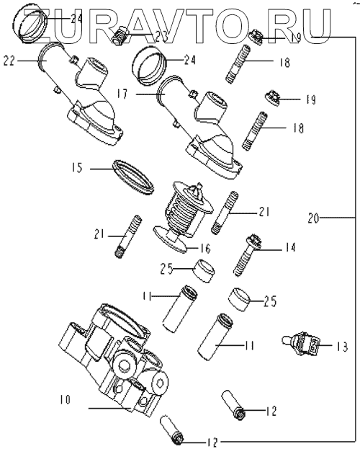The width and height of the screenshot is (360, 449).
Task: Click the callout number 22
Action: (x=9, y=61)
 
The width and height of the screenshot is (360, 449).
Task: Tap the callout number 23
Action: (x=161, y=36)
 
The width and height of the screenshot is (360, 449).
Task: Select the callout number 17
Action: (x=122, y=94)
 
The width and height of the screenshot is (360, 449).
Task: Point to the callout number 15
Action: (x=77, y=167)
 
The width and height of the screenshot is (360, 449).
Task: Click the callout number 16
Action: (x=205, y=248)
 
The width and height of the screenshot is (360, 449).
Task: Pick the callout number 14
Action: (x=290, y=247)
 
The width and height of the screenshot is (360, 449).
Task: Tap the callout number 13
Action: (x=342, y=347)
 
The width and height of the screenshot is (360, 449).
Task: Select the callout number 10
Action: (x=65, y=399)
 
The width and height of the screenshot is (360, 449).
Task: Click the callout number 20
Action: (x=313, y=218)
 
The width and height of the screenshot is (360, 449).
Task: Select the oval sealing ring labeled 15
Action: (x=134, y=177)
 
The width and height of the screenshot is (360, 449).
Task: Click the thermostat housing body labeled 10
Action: (x=113, y=360)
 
